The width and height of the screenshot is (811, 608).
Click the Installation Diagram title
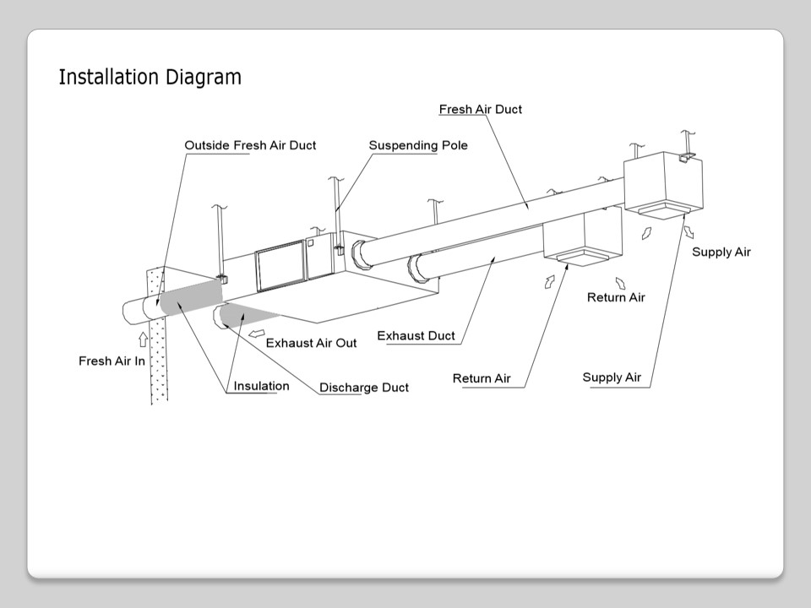[150, 77]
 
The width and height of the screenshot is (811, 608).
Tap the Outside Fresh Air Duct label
[250, 145]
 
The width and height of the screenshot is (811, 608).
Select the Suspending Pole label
[418, 145]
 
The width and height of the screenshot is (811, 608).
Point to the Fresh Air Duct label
[481, 109]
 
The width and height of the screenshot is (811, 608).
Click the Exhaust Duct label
[416, 335]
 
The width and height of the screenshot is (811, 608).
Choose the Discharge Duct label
[363, 388]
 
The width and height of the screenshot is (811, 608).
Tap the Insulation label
[261, 386]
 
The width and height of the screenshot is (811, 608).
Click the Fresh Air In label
[112, 361]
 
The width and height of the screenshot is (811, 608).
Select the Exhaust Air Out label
[311, 343]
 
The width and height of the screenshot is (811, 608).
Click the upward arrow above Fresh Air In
[143, 339]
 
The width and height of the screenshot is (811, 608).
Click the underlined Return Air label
[482, 378]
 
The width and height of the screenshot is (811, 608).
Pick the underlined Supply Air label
[612, 377]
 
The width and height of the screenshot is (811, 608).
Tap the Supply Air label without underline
[721, 252]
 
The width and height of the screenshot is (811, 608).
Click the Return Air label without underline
[616, 297]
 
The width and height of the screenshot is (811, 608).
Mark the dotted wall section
[159, 355]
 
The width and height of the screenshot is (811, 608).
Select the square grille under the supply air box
[661, 209]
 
